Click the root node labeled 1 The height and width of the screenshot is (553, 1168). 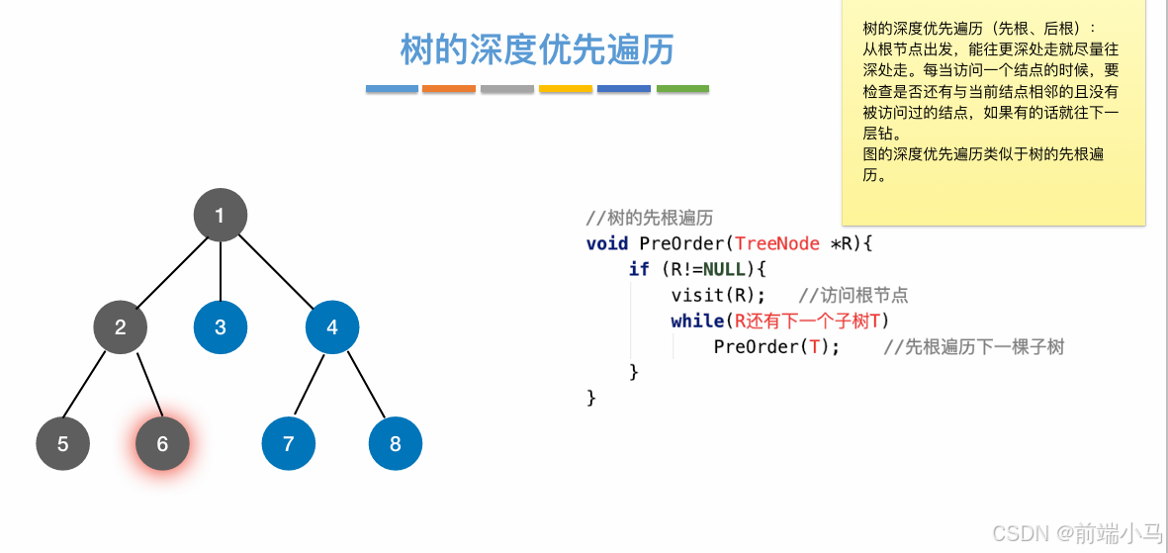click(x=220, y=215)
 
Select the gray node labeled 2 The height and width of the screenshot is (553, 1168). click(x=121, y=326)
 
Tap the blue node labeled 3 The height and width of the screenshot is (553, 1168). click(x=220, y=326)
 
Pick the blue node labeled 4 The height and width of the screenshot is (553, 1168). click(x=332, y=326)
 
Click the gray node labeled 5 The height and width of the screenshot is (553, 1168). click(x=63, y=443)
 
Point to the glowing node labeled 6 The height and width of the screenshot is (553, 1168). click(x=162, y=443)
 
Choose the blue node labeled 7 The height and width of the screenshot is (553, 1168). click(x=289, y=443)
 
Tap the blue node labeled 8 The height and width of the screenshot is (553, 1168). click(x=396, y=443)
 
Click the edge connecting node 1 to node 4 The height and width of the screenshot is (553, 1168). click(x=277, y=272)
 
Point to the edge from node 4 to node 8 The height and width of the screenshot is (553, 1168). click(x=364, y=386)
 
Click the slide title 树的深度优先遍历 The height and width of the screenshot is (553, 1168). click(x=537, y=49)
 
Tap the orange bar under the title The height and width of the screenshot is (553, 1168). click(x=449, y=89)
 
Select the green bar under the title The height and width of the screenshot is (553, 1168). click(x=682, y=89)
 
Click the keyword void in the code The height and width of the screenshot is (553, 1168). click(x=607, y=243)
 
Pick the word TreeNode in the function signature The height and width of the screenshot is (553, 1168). click(x=777, y=243)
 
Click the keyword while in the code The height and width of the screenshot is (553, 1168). click(x=696, y=321)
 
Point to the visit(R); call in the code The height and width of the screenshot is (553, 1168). click(x=718, y=295)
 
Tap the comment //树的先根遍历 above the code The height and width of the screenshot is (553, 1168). click(x=649, y=218)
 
